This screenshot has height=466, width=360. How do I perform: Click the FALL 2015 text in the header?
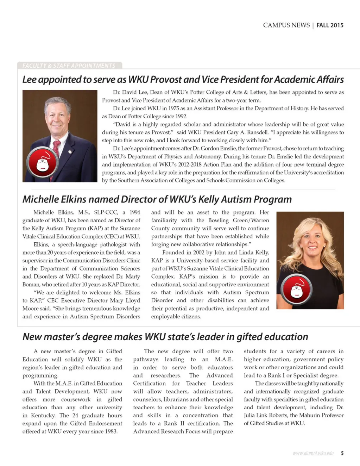point(330,25)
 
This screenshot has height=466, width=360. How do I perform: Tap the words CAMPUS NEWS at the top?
point(286,25)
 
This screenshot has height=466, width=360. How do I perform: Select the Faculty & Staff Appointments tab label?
point(69,66)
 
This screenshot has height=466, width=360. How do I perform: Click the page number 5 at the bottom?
point(342,453)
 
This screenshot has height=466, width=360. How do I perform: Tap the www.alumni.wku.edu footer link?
point(313,453)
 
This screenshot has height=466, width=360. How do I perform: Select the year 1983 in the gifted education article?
point(110,431)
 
